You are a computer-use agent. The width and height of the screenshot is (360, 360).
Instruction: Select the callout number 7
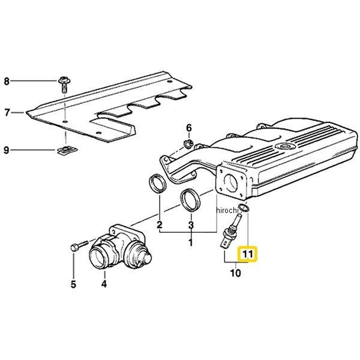click(x=7, y=112)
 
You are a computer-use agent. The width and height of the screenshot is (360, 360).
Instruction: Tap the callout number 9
click(x=7, y=150)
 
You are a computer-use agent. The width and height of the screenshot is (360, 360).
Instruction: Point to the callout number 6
click(x=188, y=128)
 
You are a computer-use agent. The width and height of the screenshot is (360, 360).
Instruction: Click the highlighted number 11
click(x=247, y=254)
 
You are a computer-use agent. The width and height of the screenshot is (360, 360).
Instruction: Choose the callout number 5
click(x=73, y=284)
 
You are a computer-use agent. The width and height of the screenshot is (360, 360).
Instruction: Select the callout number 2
click(x=160, y=226)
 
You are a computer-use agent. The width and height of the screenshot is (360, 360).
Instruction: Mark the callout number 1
click(x=190, y=243)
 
